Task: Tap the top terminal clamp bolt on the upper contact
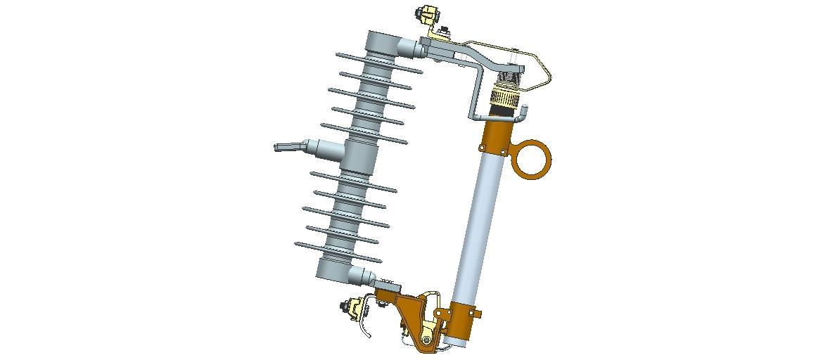coord(428,14)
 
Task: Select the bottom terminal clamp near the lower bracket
coord(352,308)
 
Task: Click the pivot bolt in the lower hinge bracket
coord(426,340)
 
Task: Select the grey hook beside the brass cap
coord(522,112)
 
